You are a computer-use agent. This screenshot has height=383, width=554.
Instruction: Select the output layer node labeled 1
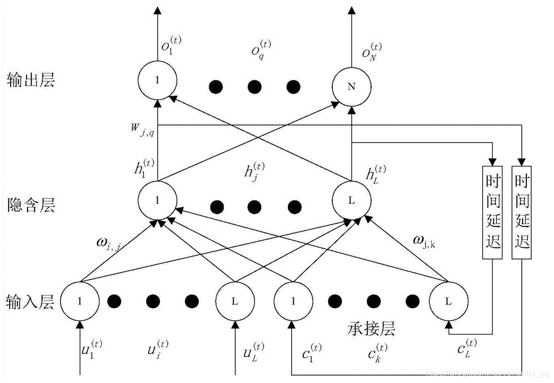pos(157,80)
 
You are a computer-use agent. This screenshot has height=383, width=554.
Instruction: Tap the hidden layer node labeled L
pos(351,201)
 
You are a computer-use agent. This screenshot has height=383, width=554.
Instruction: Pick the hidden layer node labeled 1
pos(157,201)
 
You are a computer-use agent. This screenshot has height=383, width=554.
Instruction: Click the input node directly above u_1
pos(80,301)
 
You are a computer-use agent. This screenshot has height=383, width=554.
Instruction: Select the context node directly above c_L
pos(448,301)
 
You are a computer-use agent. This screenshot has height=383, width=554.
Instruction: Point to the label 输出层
pos(31,80)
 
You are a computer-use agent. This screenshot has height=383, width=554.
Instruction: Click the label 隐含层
pos(31,205)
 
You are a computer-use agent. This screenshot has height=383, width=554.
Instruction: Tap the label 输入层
pos(31,302)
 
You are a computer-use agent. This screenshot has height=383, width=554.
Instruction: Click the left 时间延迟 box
pos(492,212)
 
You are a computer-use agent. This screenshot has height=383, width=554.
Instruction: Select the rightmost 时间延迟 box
pos(522,212)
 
